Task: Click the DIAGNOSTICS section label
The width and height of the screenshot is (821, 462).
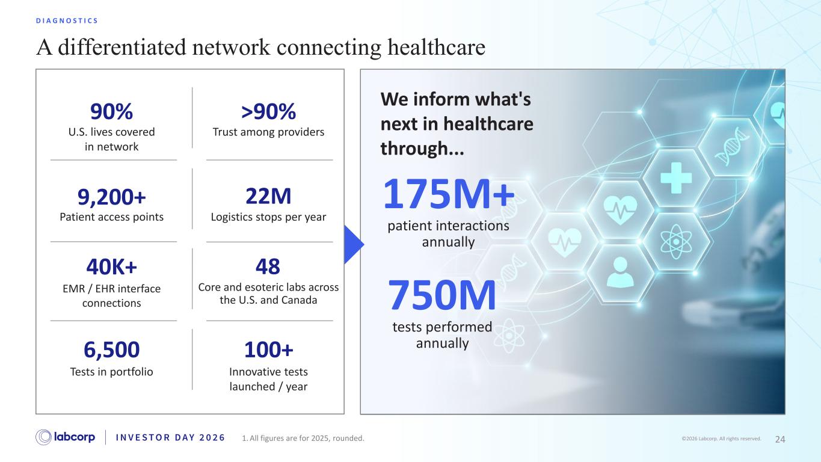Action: (67, 20)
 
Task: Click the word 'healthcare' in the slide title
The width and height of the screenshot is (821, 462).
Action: (436, 48)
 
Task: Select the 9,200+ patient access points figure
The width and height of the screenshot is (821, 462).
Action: (111, 197)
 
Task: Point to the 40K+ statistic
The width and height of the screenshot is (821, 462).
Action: (111, 266)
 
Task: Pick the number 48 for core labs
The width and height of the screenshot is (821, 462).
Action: (268, 266)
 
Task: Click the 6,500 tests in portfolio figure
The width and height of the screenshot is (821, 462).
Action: (111, 350)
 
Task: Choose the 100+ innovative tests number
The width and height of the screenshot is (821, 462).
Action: (269, 350)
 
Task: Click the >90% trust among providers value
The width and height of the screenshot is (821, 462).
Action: (268, 111)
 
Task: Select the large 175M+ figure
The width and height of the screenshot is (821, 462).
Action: (449, 194)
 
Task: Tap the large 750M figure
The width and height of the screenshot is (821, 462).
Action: (442, 295)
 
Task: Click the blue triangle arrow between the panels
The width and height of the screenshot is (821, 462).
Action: (354, 245)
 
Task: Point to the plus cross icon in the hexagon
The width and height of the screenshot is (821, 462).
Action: (676, 178)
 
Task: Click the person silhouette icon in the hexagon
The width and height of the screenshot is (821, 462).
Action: (620, 272)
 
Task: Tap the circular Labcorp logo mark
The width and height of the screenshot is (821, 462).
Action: (43, 437)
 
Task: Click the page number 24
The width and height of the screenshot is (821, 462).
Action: (780, 439)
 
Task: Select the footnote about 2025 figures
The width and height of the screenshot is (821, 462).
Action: (303, 438)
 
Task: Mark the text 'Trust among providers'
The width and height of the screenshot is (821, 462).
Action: (268, 132)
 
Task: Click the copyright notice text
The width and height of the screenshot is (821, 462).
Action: (721, 439)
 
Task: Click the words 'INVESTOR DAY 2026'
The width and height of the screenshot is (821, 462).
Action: (170, 437)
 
